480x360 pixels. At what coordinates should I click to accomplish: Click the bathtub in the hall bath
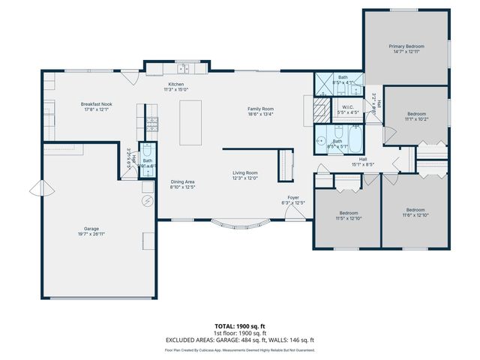(355, 139)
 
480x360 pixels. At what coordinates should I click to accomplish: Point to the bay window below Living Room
(241, 223)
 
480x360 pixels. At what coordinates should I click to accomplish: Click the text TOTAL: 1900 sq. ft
(239, 327)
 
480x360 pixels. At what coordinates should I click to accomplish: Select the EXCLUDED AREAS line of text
(239, 340)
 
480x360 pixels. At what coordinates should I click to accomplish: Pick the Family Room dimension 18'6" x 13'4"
(261, 115)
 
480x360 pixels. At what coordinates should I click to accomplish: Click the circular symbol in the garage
(147, 201)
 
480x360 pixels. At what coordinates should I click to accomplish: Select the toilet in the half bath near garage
(148, 148)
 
